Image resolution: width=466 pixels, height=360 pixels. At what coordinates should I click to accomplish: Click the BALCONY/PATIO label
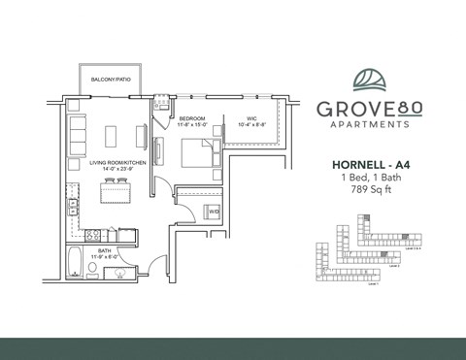[x=111, y=78]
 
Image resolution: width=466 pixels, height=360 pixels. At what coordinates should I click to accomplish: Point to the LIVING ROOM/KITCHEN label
[x=118, y=163]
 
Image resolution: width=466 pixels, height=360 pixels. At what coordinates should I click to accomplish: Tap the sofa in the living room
[x=78, y=131]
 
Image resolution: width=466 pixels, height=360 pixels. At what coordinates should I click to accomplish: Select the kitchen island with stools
[x=116, y=194]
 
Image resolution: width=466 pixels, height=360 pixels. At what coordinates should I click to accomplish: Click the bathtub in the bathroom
[x=78, y=264]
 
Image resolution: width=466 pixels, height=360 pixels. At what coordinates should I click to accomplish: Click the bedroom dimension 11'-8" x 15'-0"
[x=192, y=125]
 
